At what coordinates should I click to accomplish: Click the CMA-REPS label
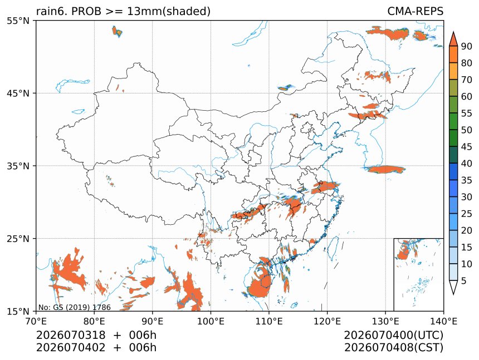coord(415,11)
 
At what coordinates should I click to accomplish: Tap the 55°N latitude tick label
coord(18,21)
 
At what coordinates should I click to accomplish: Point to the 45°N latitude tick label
coord(18,93)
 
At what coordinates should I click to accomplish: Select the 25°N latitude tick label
coord(18,238)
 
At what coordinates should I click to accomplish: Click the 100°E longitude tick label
coord(211,321)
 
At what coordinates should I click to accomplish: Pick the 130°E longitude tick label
coord(385,321)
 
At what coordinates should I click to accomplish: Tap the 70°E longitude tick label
coord(36,321)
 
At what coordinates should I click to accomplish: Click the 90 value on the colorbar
coord(467,46)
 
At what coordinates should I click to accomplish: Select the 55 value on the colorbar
coord(467,114)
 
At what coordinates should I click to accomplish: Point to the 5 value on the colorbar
coord(464,280)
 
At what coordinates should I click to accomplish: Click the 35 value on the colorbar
coord(467,180)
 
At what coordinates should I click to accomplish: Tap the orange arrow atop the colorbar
coord(453,39)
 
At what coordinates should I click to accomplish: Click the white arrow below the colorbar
coord(453,287)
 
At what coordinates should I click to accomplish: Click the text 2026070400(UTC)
coord(393,335)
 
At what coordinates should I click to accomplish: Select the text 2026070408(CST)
coord(393,348)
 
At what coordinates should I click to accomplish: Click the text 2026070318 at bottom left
coord(71,335)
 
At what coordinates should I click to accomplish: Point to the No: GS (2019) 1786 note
coord(75,307)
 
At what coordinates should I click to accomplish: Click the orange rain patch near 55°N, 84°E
coord(117,31)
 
